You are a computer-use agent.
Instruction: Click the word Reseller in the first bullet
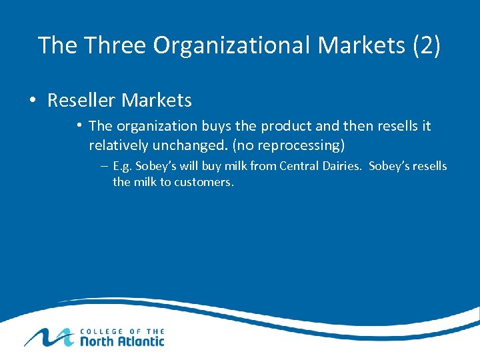[x=81, y=101]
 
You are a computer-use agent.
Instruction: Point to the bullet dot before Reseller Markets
[x=32, y=101]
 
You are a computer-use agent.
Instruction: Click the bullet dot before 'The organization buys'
[x=79, y=125]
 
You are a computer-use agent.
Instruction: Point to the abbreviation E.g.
[x=123, y=167]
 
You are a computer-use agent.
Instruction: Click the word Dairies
[x=342, y=166]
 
